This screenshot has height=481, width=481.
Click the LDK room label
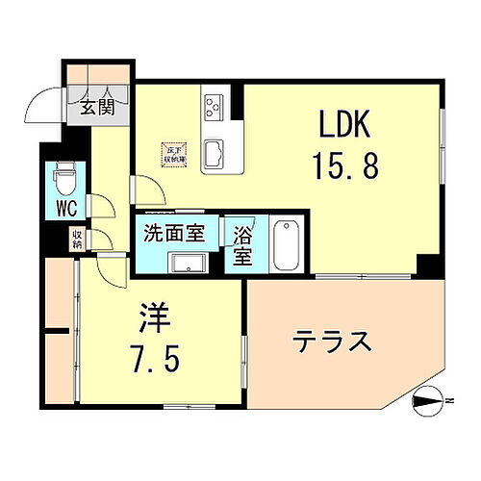click(343, 127)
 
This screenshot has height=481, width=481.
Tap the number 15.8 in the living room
click(343, 165)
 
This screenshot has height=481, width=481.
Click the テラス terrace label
click(333, 342)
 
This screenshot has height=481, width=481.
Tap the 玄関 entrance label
click(96, 106)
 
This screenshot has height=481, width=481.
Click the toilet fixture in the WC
click(64, 180)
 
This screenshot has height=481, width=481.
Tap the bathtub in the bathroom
click(286, 245)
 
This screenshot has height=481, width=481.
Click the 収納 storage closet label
click(76, 238)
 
